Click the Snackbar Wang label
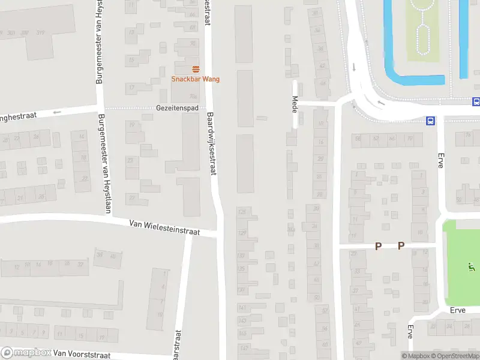[196, 79]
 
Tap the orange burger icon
[196, 69]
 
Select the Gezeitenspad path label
[177, 108]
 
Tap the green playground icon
[470, 266]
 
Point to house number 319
[41, 32]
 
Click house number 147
[242, 347]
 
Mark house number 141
[242, 307]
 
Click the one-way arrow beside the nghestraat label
[58, 112]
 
